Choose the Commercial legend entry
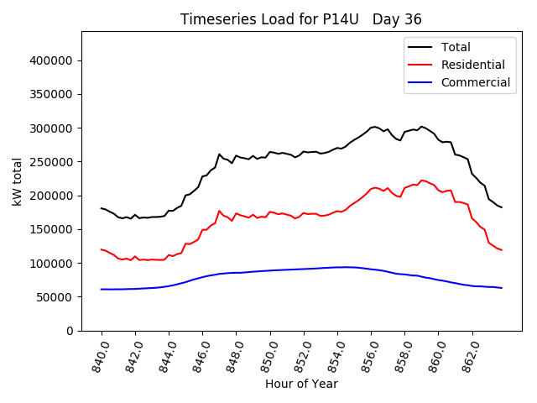click(x=475, y=82)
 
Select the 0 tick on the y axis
click(x=70, y=331)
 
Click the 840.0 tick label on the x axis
click(x=99, y=354)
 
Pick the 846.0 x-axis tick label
click(x=201, y=354)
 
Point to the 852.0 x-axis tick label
click(x=302, y=354)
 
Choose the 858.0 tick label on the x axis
click(x=403, y=354)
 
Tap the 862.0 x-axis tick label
click(x=470, y=354)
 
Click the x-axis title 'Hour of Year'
click(x=301, y=385)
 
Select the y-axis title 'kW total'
click(x=17, y=181)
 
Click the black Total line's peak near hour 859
click(x=421, y=126)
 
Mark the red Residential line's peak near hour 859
click(x=421, y=180)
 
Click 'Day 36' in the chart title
click(x=399, y=19)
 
